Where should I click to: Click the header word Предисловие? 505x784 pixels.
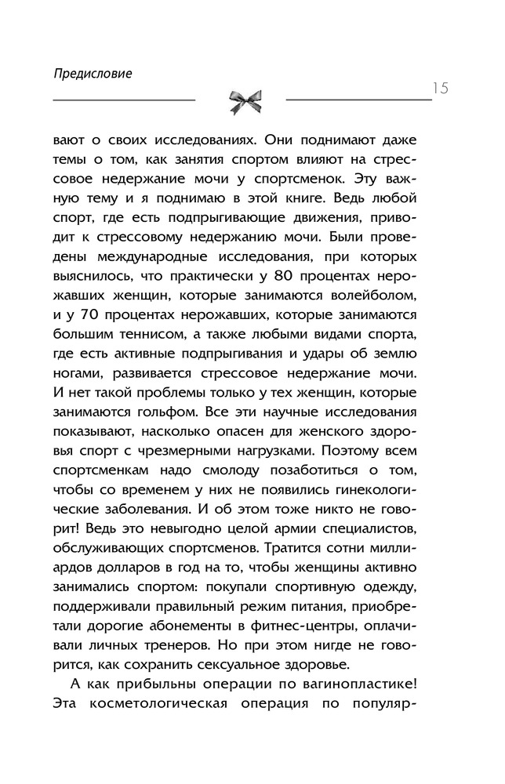[x=93, y=74]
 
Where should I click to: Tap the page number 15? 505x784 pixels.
[x=439, y=87]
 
